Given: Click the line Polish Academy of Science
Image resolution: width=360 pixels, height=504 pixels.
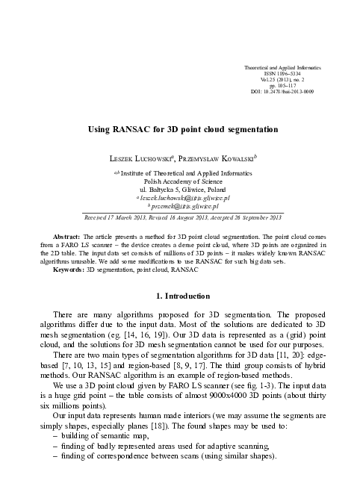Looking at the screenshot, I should click(179, 180).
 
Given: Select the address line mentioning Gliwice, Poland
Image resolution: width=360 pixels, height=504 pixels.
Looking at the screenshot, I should click(179, 189).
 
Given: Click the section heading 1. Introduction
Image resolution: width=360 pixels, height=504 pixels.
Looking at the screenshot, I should click(179, 297).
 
